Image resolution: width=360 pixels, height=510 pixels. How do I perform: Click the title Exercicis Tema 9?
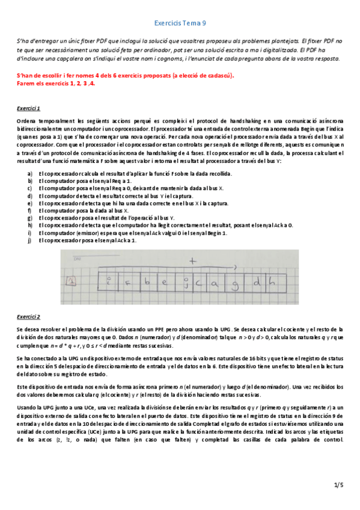180,22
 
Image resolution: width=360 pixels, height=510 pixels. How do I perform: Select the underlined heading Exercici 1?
28,108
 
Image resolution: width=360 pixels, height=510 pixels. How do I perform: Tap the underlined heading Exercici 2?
28,316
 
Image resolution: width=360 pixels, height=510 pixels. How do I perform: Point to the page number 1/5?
338,485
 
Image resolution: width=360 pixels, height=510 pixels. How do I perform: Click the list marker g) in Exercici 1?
30,218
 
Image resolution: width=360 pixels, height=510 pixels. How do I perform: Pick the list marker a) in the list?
30,173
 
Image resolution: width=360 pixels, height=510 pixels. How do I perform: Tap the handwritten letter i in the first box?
109,280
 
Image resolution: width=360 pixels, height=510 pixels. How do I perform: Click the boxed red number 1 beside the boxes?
71,280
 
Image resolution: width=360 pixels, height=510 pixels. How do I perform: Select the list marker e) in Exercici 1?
30,203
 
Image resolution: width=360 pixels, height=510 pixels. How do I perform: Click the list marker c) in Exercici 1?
30,188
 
